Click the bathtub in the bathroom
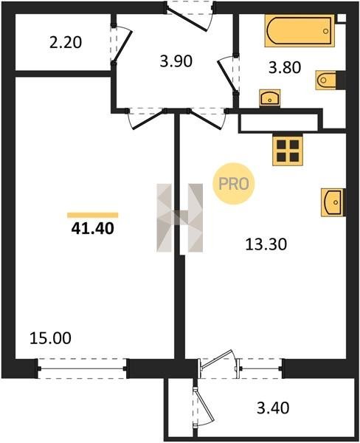[300, 30]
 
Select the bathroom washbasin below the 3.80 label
[270, 98]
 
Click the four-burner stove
[288, 149]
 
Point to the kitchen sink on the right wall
[333, 202]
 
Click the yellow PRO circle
[234, 184]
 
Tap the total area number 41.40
[93, 228]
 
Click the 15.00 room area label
[50, 338]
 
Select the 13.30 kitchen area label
[266, 244]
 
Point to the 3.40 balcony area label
[273, 408]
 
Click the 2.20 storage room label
[66, 43]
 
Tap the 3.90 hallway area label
[176, 61]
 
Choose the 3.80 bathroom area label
[285, 68]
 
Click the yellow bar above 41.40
[93, 216]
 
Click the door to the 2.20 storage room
[122, 47]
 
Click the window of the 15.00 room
[82, 368]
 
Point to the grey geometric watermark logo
[179, 218]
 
